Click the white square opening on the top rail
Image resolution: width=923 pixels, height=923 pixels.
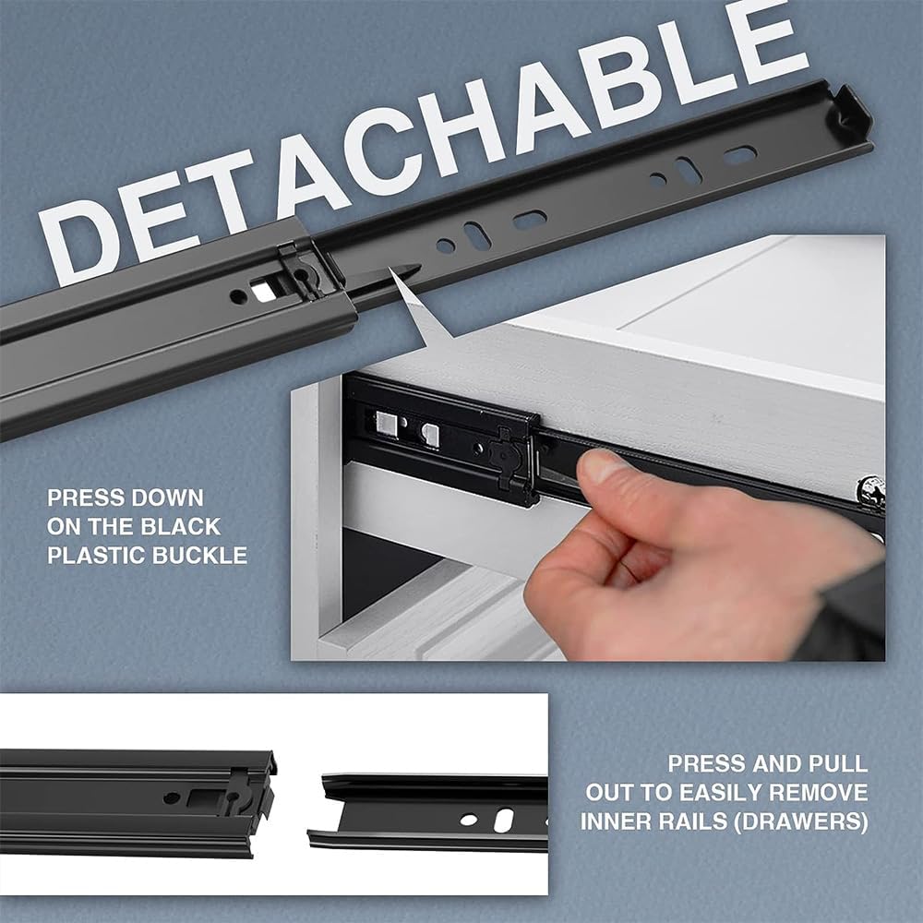click(x=263, y=290)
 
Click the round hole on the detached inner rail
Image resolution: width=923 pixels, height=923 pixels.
click(x=469, y=820)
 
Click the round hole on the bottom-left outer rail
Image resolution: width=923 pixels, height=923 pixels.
click(x=171, y=798)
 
